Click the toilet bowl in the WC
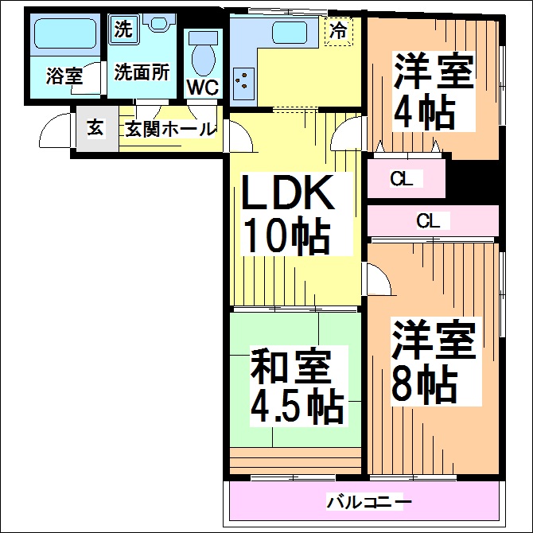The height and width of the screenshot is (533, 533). point(204,60)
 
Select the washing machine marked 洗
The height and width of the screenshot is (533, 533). point(123,29)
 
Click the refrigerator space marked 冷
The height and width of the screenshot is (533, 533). point(339,31)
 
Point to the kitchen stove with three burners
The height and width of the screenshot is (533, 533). point(243,84)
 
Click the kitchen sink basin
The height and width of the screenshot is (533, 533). point(290,33)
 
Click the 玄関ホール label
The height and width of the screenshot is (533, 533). point(171,129)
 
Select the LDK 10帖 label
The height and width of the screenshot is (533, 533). point(287,215)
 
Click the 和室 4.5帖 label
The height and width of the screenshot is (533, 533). point(297,386)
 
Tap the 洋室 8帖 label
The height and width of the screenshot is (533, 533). point(434,361)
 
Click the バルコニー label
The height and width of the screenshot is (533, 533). point(369,502)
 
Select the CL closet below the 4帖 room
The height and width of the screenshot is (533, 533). point(407,178)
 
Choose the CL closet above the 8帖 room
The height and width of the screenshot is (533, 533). point(433,221)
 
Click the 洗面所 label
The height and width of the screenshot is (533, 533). point(142,72)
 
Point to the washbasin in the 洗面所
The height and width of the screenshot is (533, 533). point(157,23)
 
